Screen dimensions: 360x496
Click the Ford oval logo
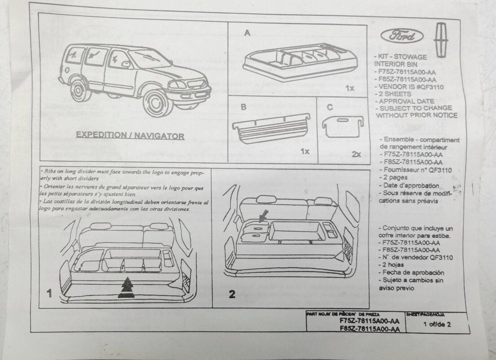click(x=402, y=37)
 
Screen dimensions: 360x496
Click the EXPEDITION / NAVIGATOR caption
click(x=130, y=135)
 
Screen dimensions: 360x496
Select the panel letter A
click(x=247, y=33)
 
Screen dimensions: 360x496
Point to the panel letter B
click(x=244, y=107)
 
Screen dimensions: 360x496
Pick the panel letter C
click(x=330, y=107)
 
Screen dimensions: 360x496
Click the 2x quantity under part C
click(x=356, y=154)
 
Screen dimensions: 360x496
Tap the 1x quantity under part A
click(x=350, y=89)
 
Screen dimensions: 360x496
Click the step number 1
click(x=49, y=293)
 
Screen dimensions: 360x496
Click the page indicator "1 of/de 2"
click(x=437, y=324)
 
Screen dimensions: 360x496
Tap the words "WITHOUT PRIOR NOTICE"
click(x=417, y=115)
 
